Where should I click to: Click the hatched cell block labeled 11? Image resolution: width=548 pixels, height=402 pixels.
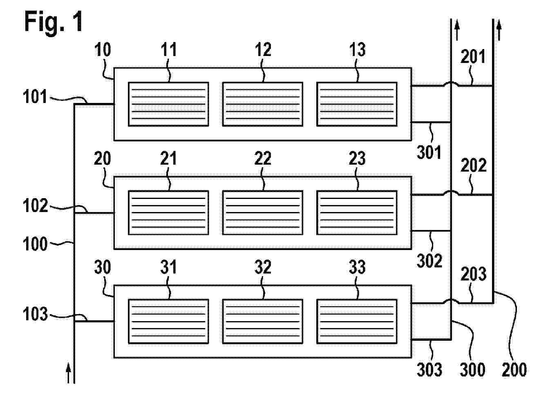click(168, 104)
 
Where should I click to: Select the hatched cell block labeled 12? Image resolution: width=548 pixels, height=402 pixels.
click(262, 104)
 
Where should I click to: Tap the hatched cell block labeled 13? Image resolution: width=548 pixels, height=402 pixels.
click(357, 104)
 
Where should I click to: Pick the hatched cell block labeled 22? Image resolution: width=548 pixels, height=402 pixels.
click(262, 213)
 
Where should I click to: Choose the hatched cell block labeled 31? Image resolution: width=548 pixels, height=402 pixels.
click(168, 322)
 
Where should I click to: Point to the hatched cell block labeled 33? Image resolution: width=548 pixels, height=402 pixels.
click(357, 322)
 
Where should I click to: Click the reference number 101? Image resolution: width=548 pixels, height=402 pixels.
click(35, 98)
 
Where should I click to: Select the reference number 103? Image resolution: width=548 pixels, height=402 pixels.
click(35, 315)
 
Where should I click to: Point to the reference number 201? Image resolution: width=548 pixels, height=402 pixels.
click(473, 57)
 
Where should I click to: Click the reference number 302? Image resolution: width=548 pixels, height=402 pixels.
click(429, 260)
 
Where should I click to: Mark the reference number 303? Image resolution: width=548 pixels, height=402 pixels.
click(429, 369)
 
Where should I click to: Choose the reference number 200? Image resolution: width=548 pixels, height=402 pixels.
click(514, 369)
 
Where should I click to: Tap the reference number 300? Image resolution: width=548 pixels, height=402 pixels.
click(472, 369)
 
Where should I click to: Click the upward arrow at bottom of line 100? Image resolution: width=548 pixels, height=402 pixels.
click(68, 373)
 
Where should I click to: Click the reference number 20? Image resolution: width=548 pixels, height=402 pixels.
click(102, 159)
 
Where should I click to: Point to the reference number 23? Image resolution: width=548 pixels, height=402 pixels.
click(357, 159)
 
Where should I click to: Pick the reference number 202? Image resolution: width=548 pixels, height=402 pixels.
click(474, 165)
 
